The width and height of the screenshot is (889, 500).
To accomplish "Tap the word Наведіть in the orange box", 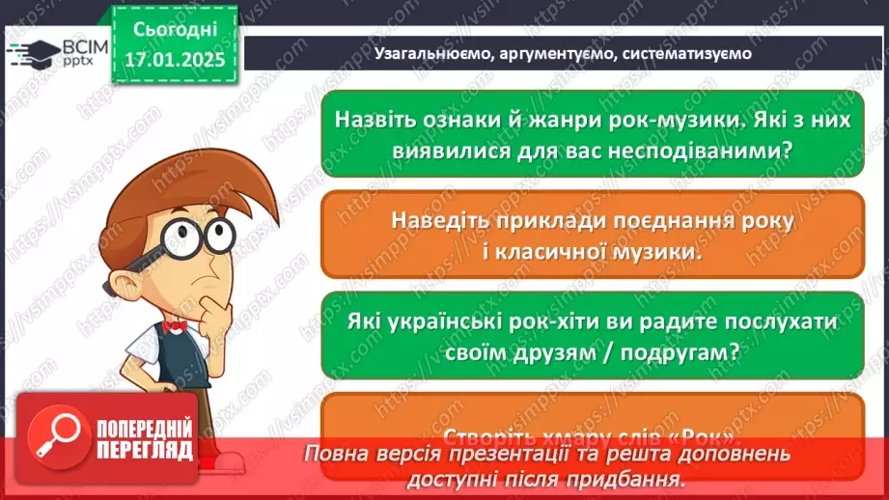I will coord(440,220).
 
